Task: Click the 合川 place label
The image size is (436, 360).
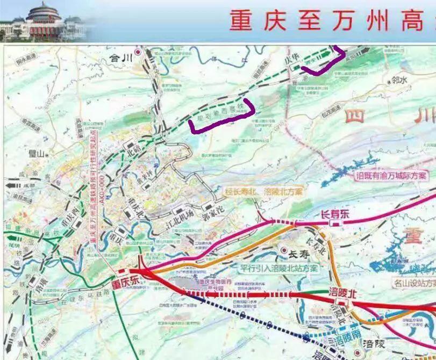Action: pyautogui.click(x=120, y=56)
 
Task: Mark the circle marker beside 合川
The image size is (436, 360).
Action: pyautogui.click(x=138, y=52)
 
